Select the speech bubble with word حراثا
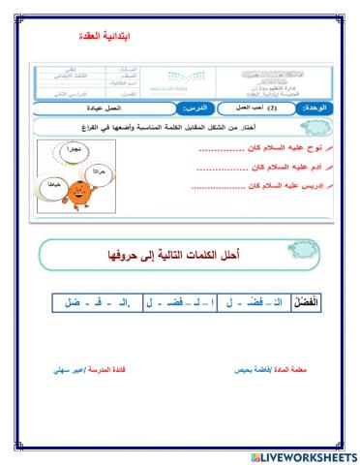tap(95, 170)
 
